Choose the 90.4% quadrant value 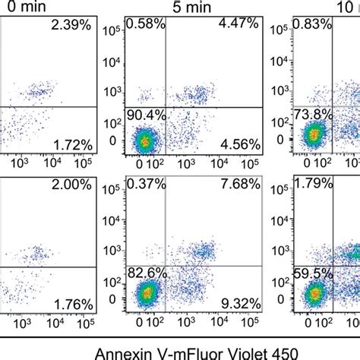click(x=146, y=115)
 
